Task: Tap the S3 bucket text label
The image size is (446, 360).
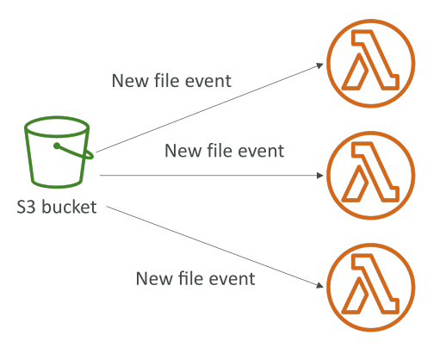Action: click(x=57, y=207)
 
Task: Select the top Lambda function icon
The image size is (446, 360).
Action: click(x=370, y=64)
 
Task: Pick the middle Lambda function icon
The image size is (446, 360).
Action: click(x=370, y=176)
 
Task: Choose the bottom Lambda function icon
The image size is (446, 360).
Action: click(x=370, y=288)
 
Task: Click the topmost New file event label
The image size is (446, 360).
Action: click(x=171, y=81)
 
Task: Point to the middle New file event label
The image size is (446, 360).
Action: click(x=225, y=151)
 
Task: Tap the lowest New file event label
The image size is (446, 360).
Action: click(x=195, y=278)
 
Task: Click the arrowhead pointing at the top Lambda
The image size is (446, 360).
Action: click(x=320, y=65)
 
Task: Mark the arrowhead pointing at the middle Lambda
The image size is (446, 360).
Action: click(x=320, y=176)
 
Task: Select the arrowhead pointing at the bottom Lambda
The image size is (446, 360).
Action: click(x=319, y=285)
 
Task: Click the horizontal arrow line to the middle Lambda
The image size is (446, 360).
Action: click(x=212, y=175)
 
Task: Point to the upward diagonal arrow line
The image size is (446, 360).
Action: click(x=210, y=108)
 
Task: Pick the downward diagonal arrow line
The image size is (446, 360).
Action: click(x=215, y=246)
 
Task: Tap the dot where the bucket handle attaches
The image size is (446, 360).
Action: click(x=57, y=146)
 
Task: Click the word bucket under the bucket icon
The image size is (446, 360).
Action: click(x=69, y=207)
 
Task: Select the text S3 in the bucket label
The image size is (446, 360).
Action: click(x=26, y=208)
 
